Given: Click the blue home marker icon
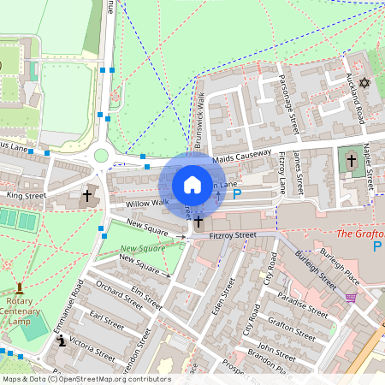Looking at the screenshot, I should click(x=192, y=185).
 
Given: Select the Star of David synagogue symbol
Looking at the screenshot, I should click(x=364, y=83).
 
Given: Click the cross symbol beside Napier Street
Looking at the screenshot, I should click(x=351, y=160).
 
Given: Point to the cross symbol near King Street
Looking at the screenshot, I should click(x=86, y=196).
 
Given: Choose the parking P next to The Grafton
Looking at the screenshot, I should click(x=376, y=246).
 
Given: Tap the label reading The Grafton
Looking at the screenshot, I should click(x=358, y=233).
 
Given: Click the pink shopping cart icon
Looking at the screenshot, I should click(x=351, y=298).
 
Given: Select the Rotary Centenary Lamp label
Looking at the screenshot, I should click(x=19, y=309).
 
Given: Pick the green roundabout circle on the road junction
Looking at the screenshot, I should click(x=101, y=155).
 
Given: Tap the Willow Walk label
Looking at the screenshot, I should click(x=147, y=204).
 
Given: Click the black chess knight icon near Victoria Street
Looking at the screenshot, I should click(x=61, y=341).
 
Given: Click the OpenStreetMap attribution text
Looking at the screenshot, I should click(x=86, y=379).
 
